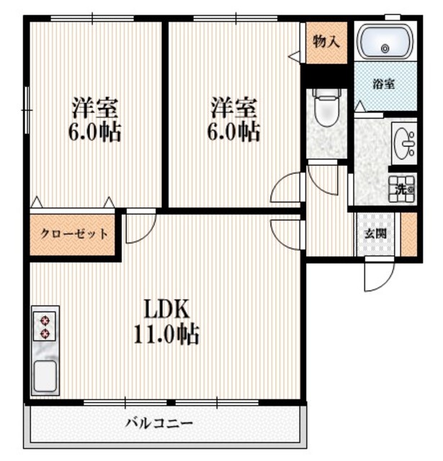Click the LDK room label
[166, 309]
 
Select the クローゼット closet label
[74, 233]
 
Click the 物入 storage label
[326, 41]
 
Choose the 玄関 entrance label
[373, 233]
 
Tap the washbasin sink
[404, 143]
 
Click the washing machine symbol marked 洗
[403, 189]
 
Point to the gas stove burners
[45, 326]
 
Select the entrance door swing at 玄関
[377, 272]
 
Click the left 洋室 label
[95, 109]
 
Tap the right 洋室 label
[234, 109]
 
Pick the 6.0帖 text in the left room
[95, 133]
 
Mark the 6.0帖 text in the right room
[234, 133]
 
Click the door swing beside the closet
[139, 227]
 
